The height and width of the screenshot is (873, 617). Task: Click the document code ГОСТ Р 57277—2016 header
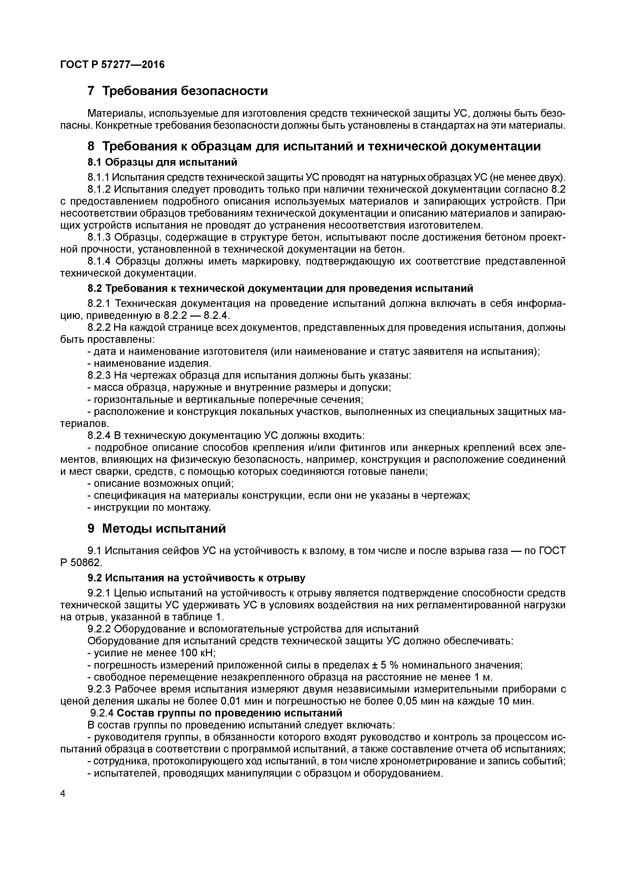tap(113, 65)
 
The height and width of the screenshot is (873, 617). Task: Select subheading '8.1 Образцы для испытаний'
tap(162, 162)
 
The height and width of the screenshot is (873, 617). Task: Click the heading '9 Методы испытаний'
tap(157, 528)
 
